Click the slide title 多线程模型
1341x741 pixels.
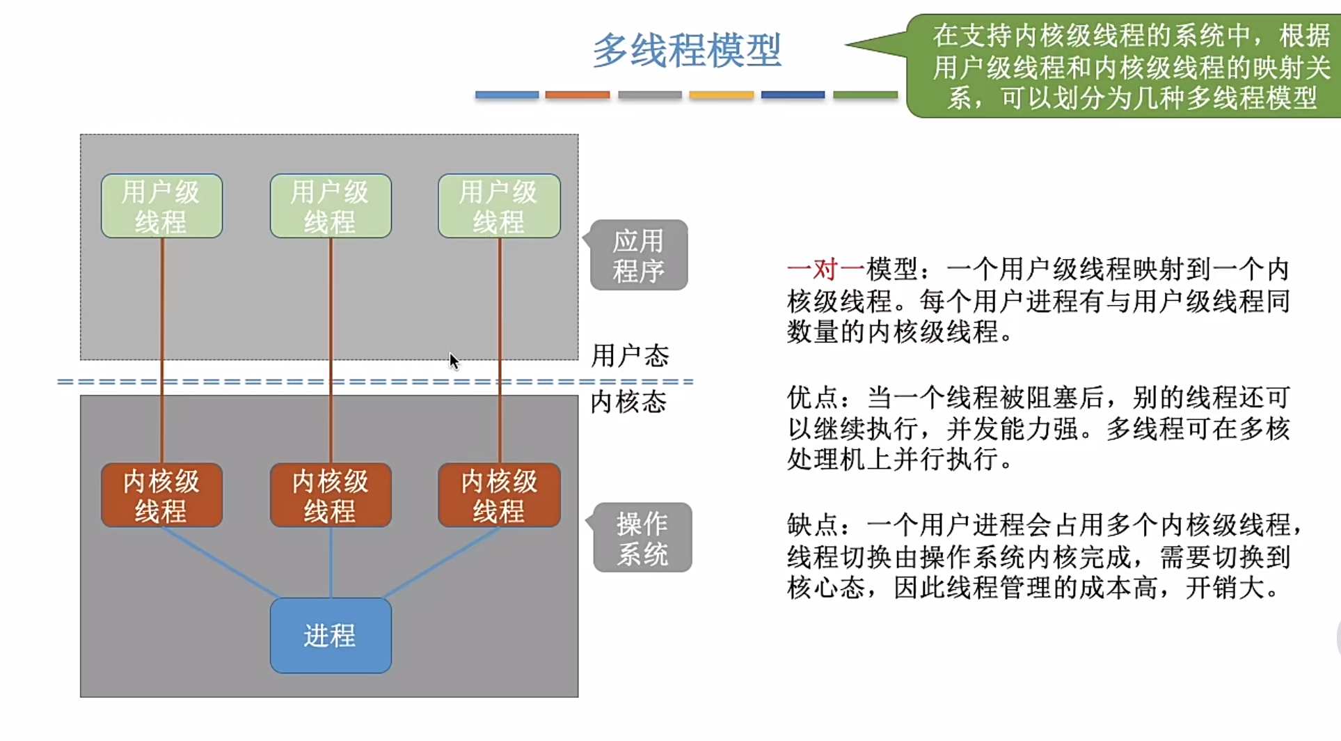pos(687,50)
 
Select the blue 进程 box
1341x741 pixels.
pos(331,635)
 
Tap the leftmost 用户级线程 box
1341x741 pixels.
pos(161,206)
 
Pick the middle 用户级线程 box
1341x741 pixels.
pos(331,206)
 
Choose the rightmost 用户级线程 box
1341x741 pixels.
pos(499,206)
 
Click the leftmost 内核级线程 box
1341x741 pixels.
pos(161,495)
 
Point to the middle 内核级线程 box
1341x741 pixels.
pos(331,495)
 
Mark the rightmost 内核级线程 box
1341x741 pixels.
pos(499,495)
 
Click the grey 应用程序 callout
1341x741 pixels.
pos(639,255)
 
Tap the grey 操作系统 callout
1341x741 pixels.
pos(642,538)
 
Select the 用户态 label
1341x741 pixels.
pos(630,356)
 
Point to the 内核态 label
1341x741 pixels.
pos(628,402)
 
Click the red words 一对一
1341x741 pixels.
pos(825,269)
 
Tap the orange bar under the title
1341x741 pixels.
pos(578,95)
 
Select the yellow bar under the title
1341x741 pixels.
pos(721,95)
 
